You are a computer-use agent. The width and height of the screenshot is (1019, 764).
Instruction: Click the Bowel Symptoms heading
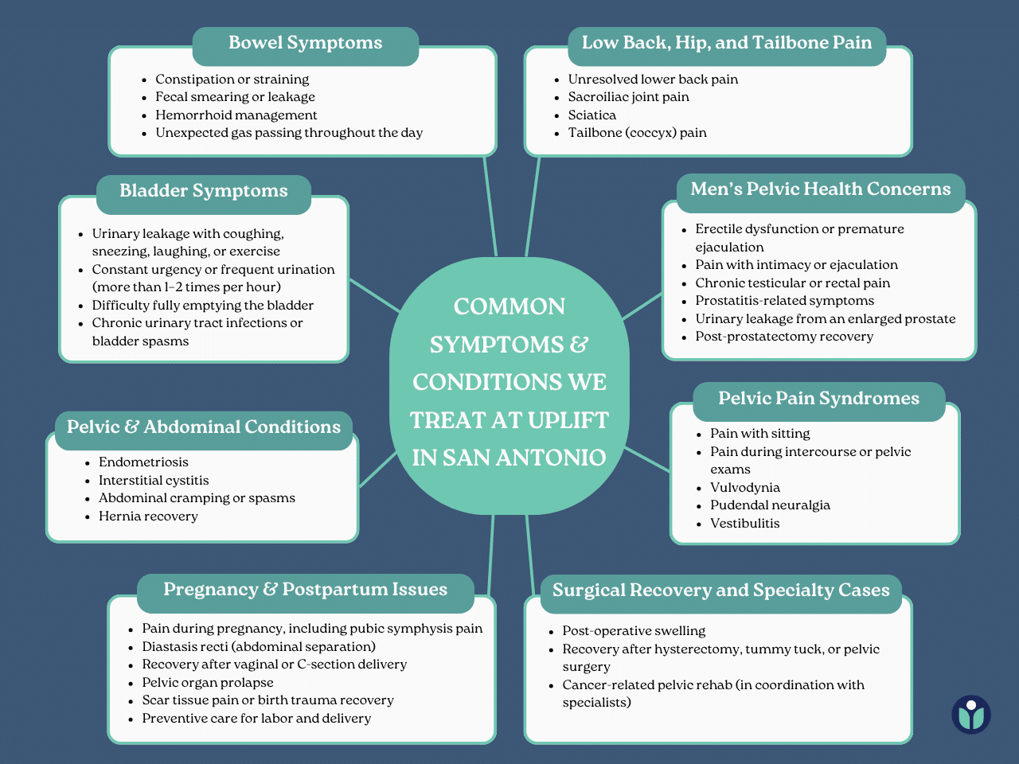[306, 43]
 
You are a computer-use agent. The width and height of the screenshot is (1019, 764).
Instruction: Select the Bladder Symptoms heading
[204, 191]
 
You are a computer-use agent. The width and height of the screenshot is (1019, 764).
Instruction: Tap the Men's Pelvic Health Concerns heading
[821, 189]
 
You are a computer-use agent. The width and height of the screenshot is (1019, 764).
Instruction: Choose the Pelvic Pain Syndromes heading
[818, 399]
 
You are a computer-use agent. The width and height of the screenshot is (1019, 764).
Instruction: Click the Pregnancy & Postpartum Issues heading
[305, 590]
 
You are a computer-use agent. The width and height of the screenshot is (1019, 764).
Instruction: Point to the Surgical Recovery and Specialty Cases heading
[720, 591]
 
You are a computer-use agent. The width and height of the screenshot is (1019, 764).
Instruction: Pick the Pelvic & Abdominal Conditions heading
[204, 427]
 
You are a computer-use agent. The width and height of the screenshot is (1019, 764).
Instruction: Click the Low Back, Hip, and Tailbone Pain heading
[727, 43]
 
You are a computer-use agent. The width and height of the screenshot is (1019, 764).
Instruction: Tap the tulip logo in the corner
[971, 714]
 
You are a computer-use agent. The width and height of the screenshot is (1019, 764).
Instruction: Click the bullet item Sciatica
[592, 115]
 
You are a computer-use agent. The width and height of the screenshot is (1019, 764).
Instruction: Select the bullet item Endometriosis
[143, 462]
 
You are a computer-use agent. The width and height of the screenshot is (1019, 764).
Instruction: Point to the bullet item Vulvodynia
[745, 488]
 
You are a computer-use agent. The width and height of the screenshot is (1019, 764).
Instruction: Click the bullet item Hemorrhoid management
[236, 115]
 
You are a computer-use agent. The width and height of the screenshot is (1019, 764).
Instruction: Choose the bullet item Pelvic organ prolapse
[208, 683]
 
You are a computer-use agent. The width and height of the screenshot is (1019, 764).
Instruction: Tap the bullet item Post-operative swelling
[634, 631]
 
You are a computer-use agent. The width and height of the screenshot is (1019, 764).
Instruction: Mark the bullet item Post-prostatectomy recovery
[784, 337]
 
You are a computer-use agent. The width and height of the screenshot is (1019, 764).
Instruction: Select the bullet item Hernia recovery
[148, 516]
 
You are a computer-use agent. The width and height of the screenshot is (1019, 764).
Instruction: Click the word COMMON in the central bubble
[509, 306]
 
